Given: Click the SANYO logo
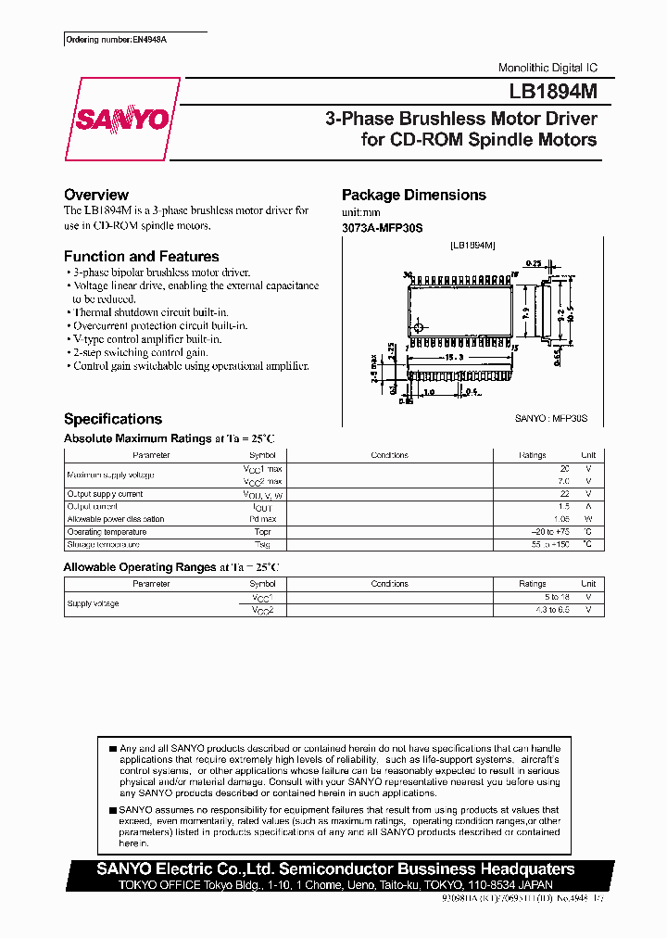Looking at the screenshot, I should click(x=121, y=120).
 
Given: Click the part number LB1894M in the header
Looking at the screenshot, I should click(x=552, y=93).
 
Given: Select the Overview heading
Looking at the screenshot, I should click(x=96, y=195).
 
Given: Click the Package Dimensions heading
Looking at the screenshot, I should click(x=413, y=195).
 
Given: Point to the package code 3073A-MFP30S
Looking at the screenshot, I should click(x=382, y=227).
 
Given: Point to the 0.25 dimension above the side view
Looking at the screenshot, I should click(x=535, y=262).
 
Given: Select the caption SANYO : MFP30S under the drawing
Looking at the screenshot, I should click(x=551, y=419).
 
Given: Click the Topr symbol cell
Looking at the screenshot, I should click(x=262, y=532).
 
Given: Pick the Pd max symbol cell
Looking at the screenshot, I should click(x=262, y=519).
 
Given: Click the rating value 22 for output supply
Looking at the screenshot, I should click(x=564, y=494).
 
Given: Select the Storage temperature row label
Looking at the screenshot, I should click(x=103, y=545).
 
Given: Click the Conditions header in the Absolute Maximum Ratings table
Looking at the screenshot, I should click(x=389, y=455).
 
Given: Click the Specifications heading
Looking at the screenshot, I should click(x=113, y=419).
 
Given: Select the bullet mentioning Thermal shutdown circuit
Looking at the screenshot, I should click(x=150, y=312).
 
